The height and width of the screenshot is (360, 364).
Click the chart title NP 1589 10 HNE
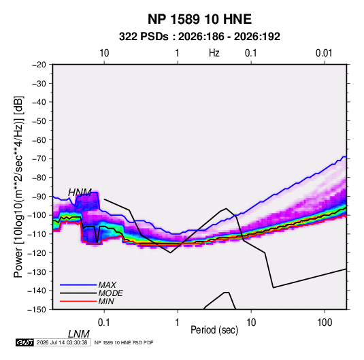coord(199,19)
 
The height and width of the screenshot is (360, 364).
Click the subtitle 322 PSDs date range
coord(199,37)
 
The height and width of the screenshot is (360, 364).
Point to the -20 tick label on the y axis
coord(39,65)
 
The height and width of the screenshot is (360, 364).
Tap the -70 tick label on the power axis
coord(39,159)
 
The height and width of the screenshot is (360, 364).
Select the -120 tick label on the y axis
coord(37,253)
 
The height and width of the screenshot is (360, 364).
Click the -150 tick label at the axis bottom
coord(37,310)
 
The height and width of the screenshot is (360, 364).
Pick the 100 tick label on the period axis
coord(325,323)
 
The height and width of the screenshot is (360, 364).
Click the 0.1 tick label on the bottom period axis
coord(103,323)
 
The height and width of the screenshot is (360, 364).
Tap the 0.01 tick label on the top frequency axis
coord(324,53)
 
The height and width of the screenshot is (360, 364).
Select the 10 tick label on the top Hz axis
coord(104,53)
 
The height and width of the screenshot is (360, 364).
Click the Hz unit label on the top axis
coord(214,53)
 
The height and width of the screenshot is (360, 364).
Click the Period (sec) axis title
coord(214,330)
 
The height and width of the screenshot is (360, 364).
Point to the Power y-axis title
coord(18,187)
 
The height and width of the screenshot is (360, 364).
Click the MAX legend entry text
coord(107,285)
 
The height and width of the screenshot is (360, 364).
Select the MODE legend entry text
coord(110,293)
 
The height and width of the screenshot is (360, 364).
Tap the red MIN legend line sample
coord(78,301)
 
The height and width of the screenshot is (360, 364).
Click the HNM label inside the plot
coord(80,193)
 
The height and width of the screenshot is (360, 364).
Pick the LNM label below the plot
coord(79,334)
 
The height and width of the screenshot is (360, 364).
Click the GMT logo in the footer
coord(24,342)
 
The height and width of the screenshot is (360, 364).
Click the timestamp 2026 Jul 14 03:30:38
coord(62,342)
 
